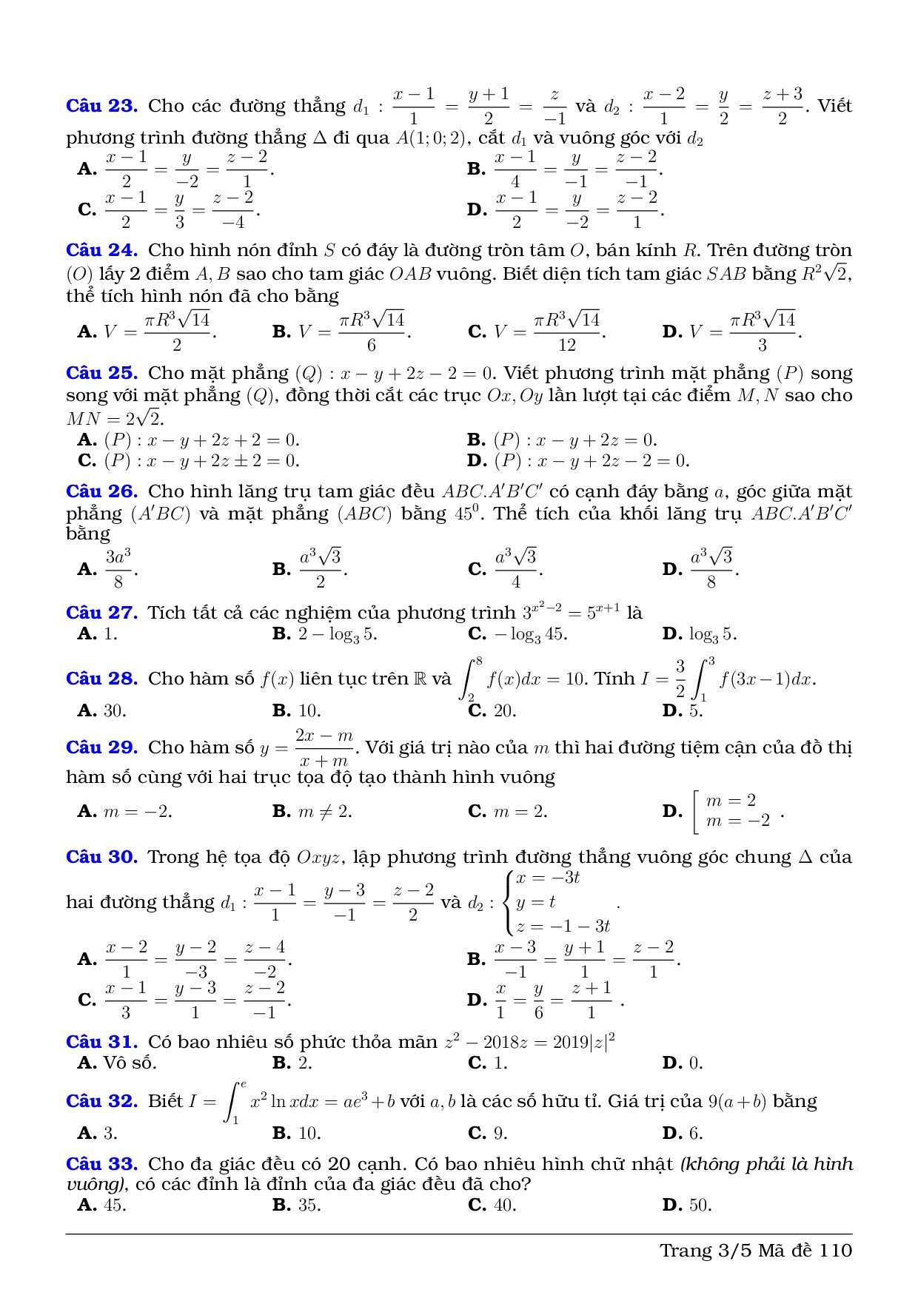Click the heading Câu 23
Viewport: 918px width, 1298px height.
101,106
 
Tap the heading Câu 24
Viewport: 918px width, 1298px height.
101,250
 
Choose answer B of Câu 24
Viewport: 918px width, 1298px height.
341,331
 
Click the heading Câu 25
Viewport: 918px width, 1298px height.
101,373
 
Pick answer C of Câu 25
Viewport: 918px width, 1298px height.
189,461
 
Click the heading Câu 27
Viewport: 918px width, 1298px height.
101,613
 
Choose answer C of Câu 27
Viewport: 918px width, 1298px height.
517,634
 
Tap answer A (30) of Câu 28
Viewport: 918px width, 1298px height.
102,711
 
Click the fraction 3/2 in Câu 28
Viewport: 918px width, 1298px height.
680,679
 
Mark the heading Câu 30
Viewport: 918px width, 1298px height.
101,857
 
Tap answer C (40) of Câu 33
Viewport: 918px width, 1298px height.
492,1205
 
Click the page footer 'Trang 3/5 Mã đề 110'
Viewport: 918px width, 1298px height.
756,1251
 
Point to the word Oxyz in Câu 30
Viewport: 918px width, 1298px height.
318,858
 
